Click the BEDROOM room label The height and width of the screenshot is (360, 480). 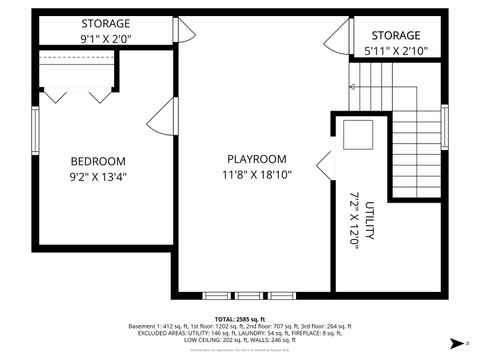click(97, 161)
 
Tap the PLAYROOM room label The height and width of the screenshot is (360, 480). click(256, 159)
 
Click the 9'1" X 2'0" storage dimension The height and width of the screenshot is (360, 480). click(104, 39)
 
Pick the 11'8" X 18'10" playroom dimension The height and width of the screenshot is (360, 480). click(256, 176)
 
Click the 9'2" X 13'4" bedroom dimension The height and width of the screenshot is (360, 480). click(97, 177)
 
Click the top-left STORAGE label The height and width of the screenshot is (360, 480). click(104, 23)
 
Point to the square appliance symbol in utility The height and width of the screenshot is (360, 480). click(355, 133)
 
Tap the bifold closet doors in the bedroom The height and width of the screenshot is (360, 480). click(77, 94)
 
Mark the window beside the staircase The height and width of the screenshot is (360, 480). click(445, 126)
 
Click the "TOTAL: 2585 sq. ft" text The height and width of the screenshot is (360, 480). click(240, 318)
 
